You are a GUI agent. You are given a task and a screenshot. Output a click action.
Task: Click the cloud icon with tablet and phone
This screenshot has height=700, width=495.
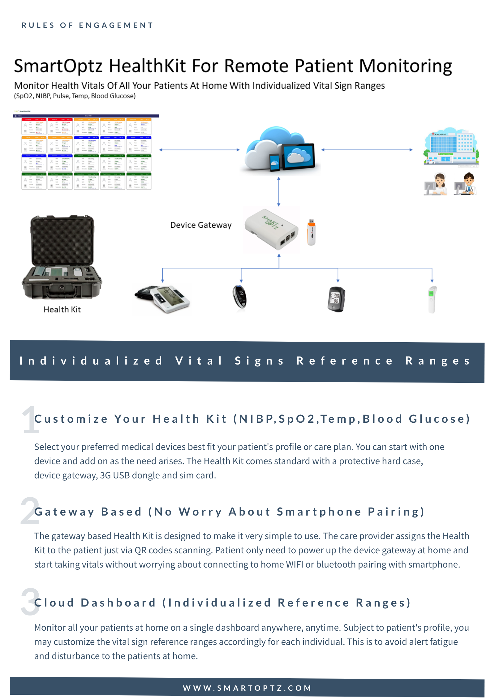280,150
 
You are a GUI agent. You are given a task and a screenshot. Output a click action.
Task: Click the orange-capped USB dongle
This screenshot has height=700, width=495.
311,232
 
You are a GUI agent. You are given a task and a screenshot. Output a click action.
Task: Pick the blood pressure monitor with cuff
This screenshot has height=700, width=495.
162,298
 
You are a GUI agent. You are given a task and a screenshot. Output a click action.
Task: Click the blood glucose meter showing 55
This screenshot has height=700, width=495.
240,297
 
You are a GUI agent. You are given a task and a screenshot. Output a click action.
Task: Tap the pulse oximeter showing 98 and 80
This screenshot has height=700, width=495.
336,299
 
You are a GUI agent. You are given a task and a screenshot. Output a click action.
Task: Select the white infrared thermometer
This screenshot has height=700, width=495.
432,299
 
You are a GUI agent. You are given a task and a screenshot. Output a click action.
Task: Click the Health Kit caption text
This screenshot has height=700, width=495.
62,309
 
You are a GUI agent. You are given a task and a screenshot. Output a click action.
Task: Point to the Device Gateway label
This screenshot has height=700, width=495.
201,225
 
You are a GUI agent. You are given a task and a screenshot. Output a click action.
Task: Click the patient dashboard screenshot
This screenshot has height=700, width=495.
86,152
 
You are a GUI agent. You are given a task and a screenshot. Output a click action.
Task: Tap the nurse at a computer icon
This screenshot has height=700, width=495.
435,184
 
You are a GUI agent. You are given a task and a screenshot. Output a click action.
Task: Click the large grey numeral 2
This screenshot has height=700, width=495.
30,511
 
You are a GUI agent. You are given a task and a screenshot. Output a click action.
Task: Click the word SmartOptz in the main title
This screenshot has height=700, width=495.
58,66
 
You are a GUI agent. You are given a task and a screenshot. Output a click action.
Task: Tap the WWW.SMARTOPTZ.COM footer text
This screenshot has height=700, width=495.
247,688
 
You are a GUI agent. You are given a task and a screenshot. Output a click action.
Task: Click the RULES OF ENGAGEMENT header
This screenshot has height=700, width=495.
88,25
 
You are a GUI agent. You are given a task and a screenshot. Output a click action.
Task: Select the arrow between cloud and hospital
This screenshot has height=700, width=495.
367,150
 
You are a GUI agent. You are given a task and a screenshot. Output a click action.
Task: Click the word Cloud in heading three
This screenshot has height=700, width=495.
54,603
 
